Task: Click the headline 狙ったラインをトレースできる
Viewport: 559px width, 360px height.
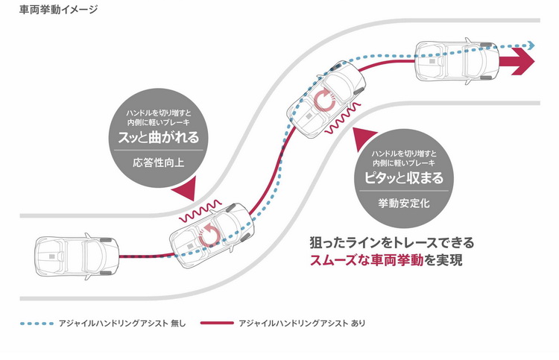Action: [391, 243]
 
